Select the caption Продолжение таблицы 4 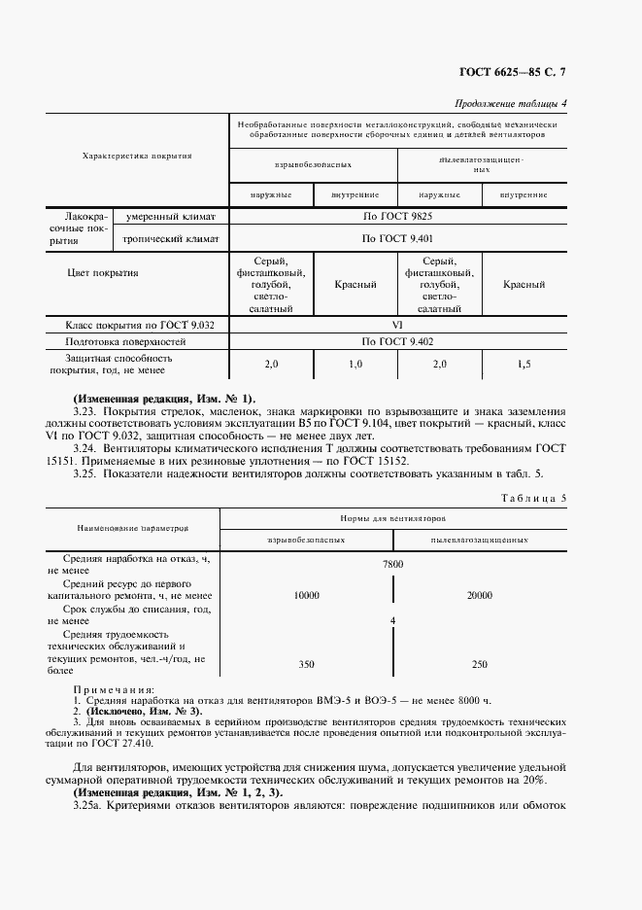pos(511,104)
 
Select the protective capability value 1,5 pos(524,364)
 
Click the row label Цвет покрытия pos(102,273)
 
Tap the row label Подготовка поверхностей pos(124,342)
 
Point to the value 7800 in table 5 pos(393,564)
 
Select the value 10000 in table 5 pos(307,595)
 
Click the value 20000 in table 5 pos(479,595)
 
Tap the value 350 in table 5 pos(307,664)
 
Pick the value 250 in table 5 pos(479,664)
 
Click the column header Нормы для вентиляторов pos(393,519)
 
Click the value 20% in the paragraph pos(533,780)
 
